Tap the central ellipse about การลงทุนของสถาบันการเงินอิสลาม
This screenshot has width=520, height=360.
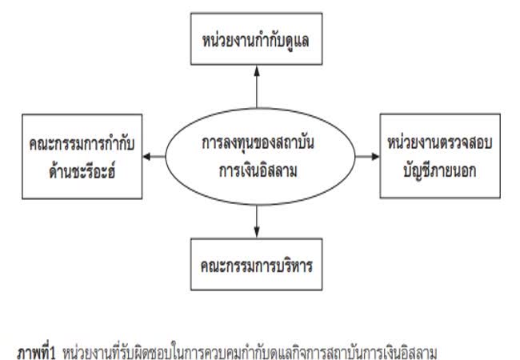coord(256,157)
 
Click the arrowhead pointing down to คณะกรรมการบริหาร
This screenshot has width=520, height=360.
coord(256,232)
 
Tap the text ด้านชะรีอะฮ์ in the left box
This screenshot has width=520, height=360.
coord(78,168)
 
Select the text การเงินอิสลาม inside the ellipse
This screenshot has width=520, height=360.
coord(256,168)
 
